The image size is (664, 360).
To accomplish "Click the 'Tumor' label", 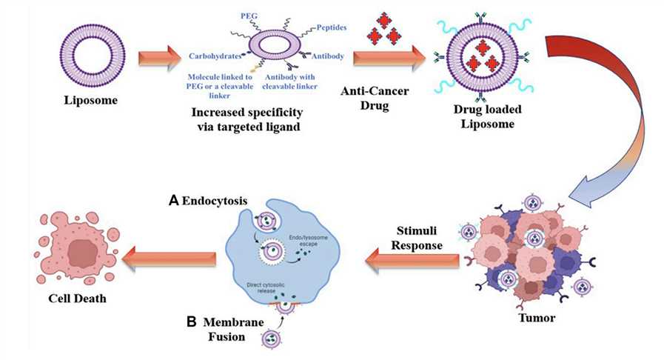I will (x=528, y=321).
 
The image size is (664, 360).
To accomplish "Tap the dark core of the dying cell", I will (x=77, y=255).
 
